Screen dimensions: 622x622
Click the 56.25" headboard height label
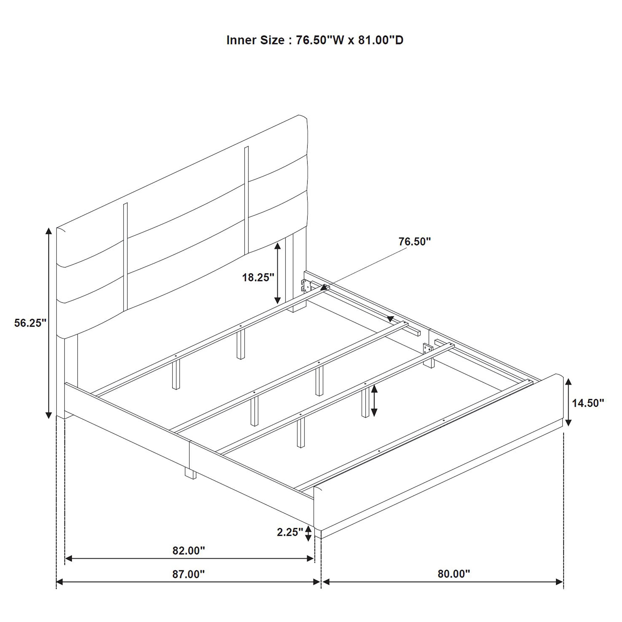[31, 323]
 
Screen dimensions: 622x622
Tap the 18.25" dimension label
[258, 277]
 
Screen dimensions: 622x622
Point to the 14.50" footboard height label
[588, 403]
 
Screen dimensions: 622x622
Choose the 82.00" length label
[189, 551]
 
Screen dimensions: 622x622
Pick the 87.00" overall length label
[189, 574]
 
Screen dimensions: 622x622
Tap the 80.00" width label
[454, 574]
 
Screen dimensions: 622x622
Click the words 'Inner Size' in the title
[256, 40]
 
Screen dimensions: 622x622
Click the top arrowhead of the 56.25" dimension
[49, 232]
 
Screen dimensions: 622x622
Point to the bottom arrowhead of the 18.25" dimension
[277, 300]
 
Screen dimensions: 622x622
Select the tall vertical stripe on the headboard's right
[247, 200]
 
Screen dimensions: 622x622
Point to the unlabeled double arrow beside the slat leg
[374, 401]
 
